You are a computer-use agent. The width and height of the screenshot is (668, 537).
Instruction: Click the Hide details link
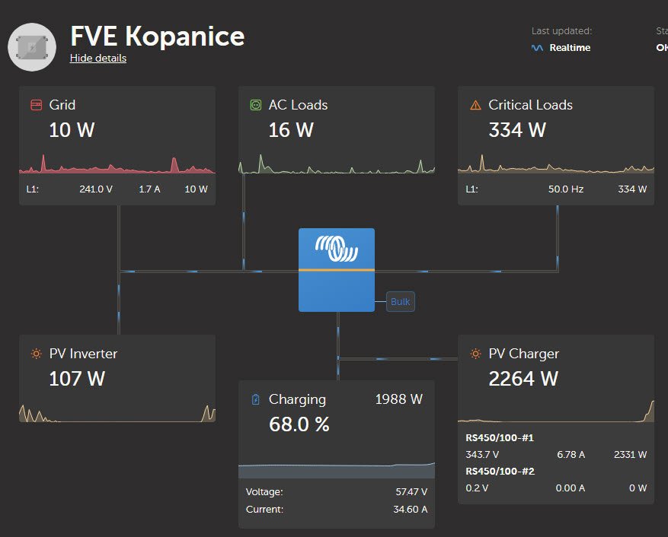click(97, 59)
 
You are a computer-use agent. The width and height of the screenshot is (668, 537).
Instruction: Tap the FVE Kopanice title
click(158, 36)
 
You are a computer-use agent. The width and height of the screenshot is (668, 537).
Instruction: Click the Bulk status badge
click(400, 302)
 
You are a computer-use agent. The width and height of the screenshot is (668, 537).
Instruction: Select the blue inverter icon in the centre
click(336, 269)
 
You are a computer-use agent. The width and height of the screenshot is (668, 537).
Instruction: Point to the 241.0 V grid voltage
click(96, 189)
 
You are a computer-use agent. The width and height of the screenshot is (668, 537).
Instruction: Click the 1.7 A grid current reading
click(149, 189)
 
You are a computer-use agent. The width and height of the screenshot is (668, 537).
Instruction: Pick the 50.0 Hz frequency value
click(566, 189)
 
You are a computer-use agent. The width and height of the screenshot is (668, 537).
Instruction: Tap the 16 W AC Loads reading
click(291, 130)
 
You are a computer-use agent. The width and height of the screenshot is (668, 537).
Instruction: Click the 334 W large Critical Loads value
click(517, 130)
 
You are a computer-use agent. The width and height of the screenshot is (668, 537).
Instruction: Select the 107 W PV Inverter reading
click(77, 378)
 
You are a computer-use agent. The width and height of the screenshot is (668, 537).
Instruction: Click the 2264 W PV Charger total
click(523, 378)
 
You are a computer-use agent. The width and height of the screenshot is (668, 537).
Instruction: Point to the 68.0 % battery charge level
click(299, 424)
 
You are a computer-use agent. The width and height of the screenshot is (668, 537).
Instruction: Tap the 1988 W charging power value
click(398, 399)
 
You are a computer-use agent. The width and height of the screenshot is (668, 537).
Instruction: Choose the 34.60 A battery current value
click(410, 510)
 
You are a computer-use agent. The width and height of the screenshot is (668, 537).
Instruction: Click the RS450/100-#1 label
click(500, 438)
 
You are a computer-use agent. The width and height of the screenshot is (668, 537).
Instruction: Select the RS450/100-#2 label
click(500, 472)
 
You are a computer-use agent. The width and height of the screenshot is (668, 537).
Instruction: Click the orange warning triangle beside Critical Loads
click(475, 105)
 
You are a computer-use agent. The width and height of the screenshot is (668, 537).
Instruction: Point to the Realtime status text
click(570, 48)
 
